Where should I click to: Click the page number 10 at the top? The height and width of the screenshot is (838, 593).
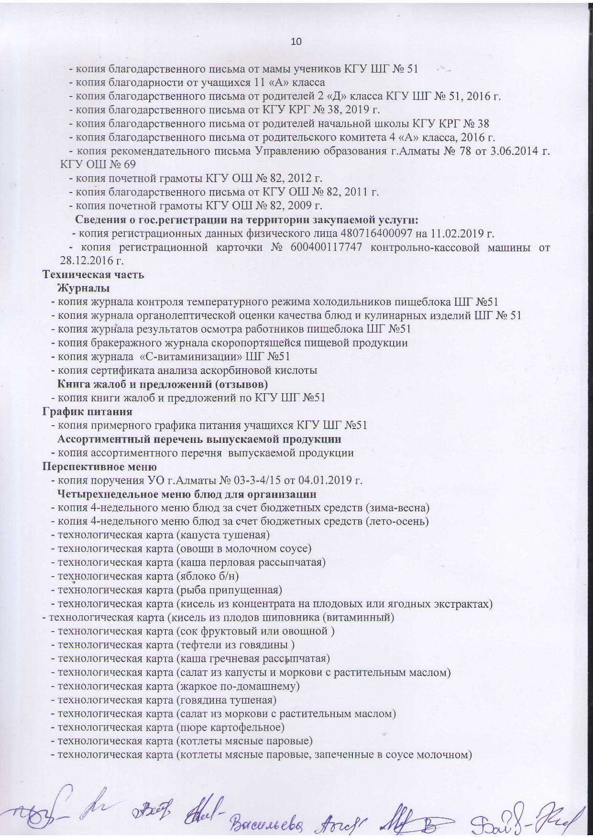click(x=296, y=42)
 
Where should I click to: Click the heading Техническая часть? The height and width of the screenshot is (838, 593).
click(x=93, y=275)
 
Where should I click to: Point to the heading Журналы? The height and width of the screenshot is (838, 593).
click(x=83, y=288)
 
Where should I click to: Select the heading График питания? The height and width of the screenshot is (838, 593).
click(x=88, y=411)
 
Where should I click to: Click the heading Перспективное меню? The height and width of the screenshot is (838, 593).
click(x=99, y=466)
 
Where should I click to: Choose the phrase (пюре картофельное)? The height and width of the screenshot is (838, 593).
click(x=231, y=728)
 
